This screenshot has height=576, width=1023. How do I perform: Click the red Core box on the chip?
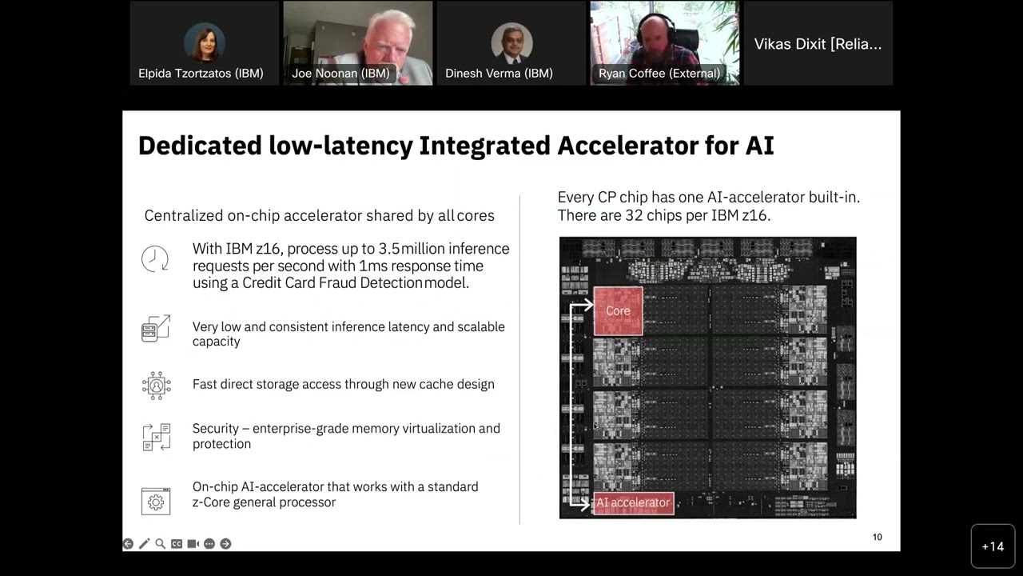point(618,310)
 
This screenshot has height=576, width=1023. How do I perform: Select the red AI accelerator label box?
point(633,503)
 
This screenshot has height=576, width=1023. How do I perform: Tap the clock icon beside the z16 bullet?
point(155,258)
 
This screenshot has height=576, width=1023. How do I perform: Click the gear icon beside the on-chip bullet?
point(156,502)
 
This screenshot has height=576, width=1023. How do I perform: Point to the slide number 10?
point(877,537)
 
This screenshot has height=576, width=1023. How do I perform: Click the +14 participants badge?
point(993,546)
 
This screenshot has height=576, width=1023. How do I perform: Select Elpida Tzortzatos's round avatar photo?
point(205,42)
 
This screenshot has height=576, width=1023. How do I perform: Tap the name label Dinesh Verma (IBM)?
point(499,74)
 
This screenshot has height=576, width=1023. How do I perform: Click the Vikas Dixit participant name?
point(818,44)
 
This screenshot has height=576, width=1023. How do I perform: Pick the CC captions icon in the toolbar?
point(177,544)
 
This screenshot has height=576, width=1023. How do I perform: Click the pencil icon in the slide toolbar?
point(144,544)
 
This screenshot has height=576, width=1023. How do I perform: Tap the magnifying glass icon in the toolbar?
point(161,544)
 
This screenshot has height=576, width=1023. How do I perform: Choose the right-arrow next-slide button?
point(225,544)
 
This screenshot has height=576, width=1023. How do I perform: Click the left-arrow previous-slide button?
point(128,544)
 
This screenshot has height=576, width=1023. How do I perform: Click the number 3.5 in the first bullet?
point(388,249)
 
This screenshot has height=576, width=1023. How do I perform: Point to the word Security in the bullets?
point(216,429)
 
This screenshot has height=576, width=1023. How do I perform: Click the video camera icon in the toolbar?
point(193,544)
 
